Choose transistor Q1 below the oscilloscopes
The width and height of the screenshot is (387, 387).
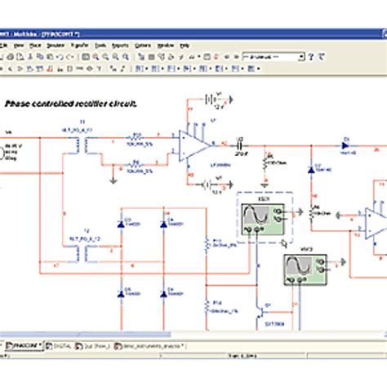pos(258,312)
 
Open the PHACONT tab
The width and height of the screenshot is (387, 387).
pos(25,346)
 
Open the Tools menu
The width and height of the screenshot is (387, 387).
pos(100,45)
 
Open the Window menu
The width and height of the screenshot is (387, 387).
pos(166,45)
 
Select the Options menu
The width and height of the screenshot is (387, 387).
pos(143,45)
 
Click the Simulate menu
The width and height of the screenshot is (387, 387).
pos(56,45)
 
